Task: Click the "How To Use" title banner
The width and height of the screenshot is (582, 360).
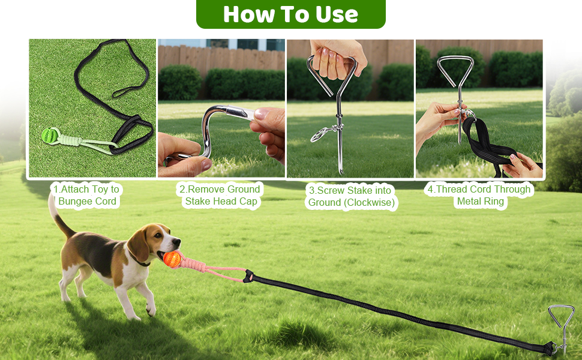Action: pyautogui.click(x=290, y=14)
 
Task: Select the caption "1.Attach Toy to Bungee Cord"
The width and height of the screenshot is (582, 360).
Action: pyautogui.click(x=86, y=195)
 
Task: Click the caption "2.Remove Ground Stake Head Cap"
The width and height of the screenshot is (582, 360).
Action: pyautogui.click(x=221, y=195)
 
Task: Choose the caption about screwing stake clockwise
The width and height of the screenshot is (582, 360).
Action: pyautogui.click(x=351, y=196)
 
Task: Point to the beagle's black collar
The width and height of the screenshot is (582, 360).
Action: pyautogui.click(x=142, y=262)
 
